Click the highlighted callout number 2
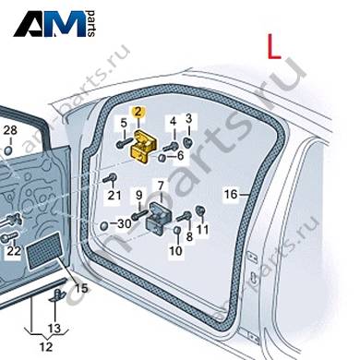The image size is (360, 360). (x=138, y=112)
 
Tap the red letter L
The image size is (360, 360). (x=273, y=46)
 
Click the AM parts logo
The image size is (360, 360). (x=54, y=24)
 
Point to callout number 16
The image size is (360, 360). (x=231, y=194)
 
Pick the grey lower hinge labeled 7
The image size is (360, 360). (x=160, y=218)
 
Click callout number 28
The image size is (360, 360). (x=10, y=130)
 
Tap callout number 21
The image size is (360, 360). (x=114, y=195)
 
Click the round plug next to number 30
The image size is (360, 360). (x=104, y=226)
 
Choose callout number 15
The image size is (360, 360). (x=82, y=288)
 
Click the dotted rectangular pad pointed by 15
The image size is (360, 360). (x=45, y=251)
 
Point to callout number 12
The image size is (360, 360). (x=46, y=347)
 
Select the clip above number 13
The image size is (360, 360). (x=57, y=295)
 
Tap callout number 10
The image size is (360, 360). (x=175, y=251)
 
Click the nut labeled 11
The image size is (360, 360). (x=200, y=210)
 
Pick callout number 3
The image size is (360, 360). (x=188, y=118)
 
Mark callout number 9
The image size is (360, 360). (x=139, y=195)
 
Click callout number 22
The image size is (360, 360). (x=14, y=251)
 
